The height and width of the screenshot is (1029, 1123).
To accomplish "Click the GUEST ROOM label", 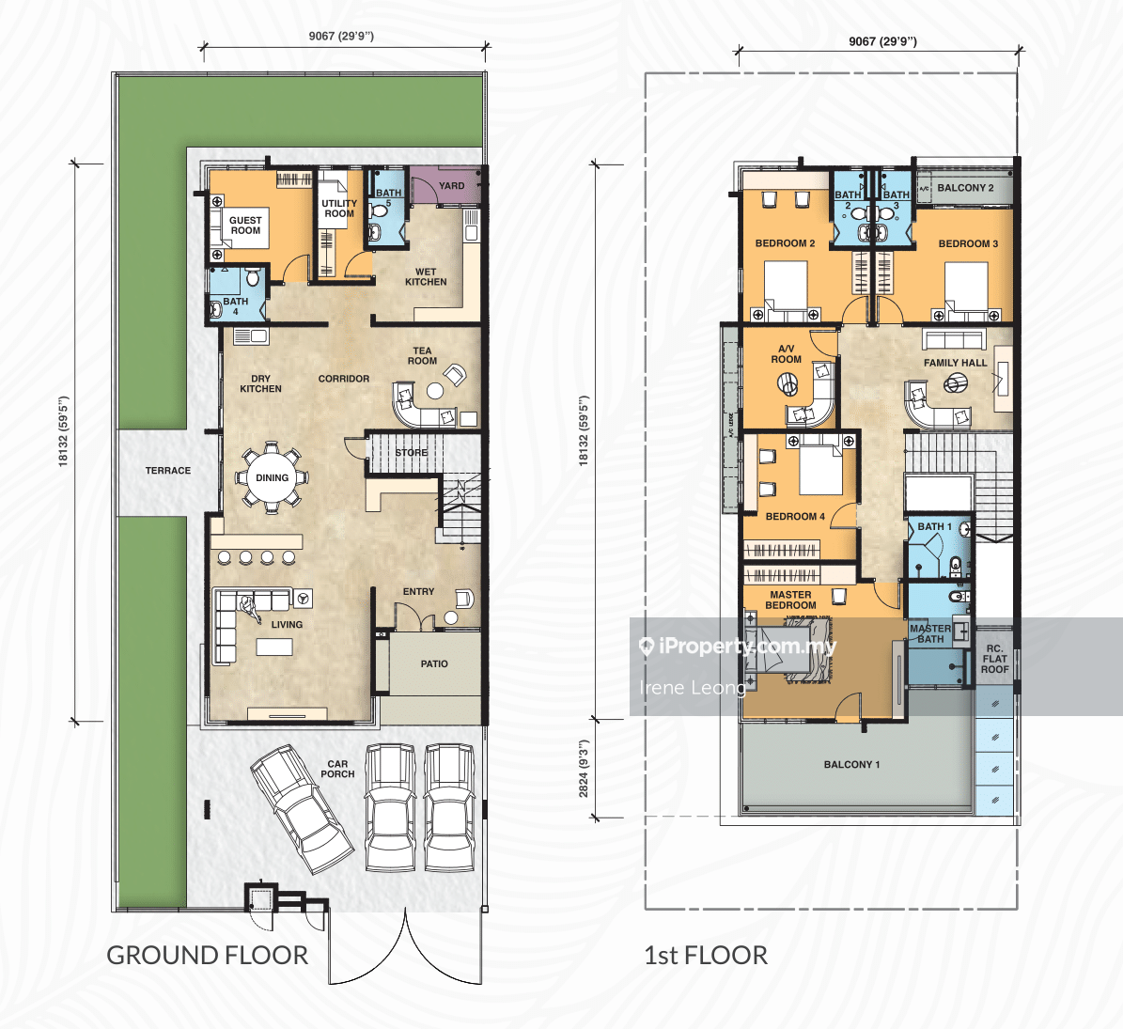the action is (245, 226).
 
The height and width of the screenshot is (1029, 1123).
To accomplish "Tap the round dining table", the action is (273, 477).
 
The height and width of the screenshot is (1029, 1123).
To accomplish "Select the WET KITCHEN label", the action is (426, 277).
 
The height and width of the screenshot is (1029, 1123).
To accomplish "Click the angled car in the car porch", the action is (302, 808).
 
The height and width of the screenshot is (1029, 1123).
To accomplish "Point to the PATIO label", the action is (434, 663).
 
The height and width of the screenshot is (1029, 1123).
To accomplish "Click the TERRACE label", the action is (168, 471).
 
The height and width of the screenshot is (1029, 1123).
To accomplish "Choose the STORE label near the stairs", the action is (411, 453).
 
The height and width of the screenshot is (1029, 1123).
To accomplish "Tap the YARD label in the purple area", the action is (451, 185).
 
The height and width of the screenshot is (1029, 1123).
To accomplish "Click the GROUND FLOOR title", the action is (207, 956).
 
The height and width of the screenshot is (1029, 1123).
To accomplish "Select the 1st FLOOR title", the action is (706, 956).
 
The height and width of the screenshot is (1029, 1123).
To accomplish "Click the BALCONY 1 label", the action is (851, 765).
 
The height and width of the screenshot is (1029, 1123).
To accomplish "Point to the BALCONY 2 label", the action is (965, 188).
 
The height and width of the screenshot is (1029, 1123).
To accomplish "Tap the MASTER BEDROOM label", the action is (790, 600).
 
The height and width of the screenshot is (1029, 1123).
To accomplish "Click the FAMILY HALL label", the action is (956, 363).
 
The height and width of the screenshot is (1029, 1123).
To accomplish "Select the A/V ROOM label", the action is (786, 353).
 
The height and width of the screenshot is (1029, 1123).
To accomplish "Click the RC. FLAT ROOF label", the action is (995, 659).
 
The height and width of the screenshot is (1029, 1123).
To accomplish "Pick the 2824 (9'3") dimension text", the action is (584, 769).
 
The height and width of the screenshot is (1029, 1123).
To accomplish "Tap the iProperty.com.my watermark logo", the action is (737, 647).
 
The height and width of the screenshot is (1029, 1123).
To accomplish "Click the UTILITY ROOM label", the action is (338, 209).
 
